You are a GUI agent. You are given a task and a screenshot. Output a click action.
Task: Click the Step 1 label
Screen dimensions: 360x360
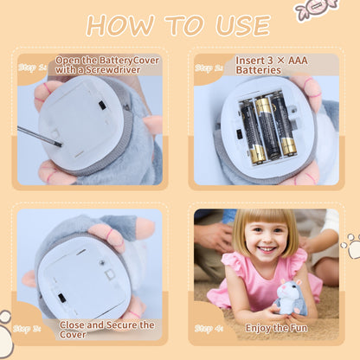click(x=31, y=66)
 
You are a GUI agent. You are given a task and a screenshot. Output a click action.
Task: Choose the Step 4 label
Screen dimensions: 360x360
click(x=208, y=328)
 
